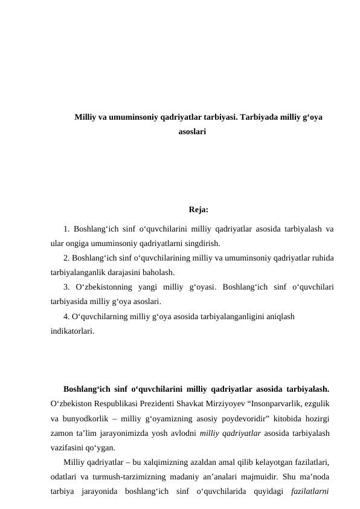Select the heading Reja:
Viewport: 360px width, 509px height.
coord(199,210)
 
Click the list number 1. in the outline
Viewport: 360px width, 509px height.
coord(66,229)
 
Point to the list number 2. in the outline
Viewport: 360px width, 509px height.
coord(66,257)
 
